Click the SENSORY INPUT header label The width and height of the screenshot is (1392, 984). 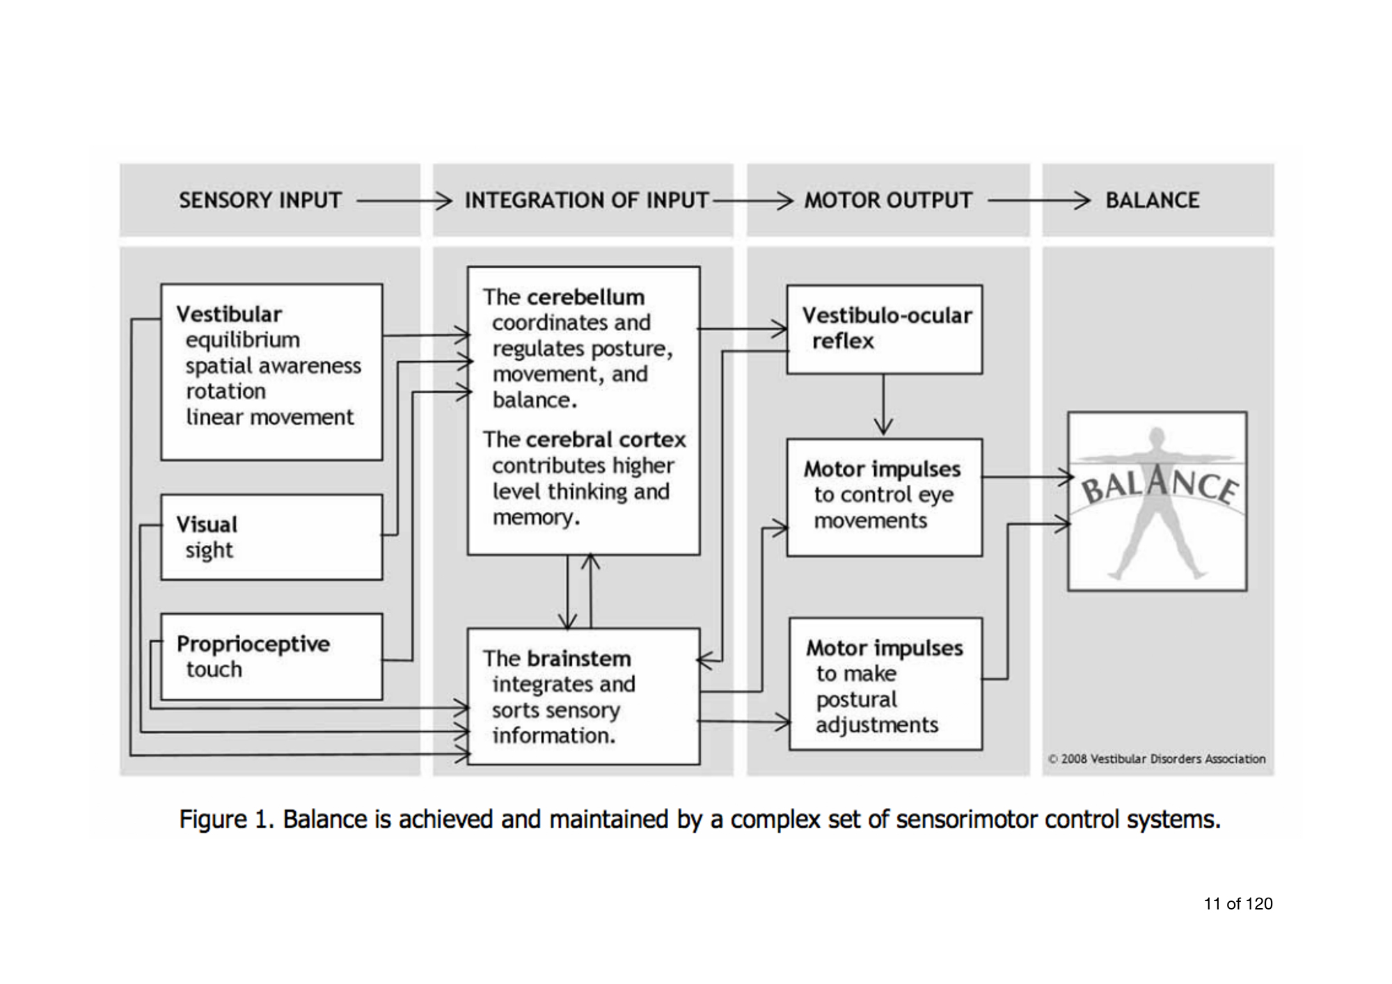tap(260, 200)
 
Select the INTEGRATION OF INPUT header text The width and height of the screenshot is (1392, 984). tap(586, 200)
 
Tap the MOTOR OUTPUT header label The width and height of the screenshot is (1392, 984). tap(888, 200)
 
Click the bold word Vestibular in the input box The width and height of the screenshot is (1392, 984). tap(229, 314)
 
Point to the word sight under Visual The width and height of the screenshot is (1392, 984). tap(209, 550)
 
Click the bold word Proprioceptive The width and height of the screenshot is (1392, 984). tap(253, 644)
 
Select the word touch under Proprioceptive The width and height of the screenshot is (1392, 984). tap(214, 669)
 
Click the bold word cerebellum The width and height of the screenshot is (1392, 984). tap(586, 297)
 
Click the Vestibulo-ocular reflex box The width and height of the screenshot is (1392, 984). tap(885, 329)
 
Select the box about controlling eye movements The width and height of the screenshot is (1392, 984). tap(885, 497)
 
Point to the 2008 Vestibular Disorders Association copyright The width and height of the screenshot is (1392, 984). tap(1157, 759)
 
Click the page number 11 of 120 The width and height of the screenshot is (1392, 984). tap(1238, 904)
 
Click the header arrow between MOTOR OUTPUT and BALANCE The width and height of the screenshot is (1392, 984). tap(1038, 200)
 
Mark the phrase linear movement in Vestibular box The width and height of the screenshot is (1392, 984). tap(270, 418)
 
